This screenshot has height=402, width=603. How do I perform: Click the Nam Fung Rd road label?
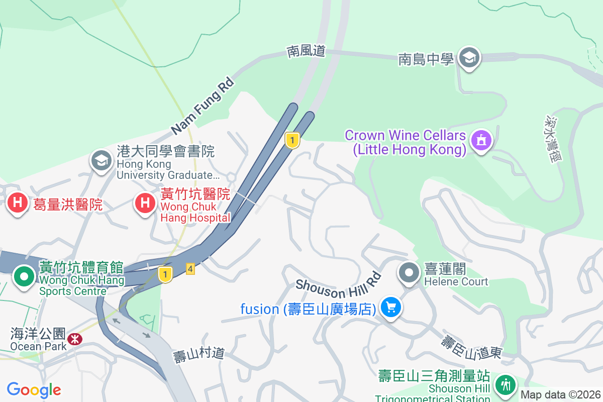(203, 106)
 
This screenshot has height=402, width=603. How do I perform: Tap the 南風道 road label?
(307, 51)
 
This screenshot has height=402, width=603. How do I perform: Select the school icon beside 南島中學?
(469, 58)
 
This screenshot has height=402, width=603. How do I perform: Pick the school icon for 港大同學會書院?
(101, 161)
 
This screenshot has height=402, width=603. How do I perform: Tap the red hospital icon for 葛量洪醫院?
(18, 204)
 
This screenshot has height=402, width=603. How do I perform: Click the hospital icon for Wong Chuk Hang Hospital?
(145, 204)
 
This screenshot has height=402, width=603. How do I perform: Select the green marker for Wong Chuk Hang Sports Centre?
(24, 276)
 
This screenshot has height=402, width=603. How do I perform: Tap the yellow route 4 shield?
(190, 269)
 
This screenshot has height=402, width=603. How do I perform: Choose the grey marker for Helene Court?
(409, 273)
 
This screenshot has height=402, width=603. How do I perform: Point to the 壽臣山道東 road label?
(471, 347)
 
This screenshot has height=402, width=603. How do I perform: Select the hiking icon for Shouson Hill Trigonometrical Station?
(505, 384)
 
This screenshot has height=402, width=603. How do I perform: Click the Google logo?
(34, 390)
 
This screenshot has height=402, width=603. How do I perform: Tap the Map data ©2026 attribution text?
(560, 395)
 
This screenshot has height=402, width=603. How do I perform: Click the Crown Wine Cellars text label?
(406, 142)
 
